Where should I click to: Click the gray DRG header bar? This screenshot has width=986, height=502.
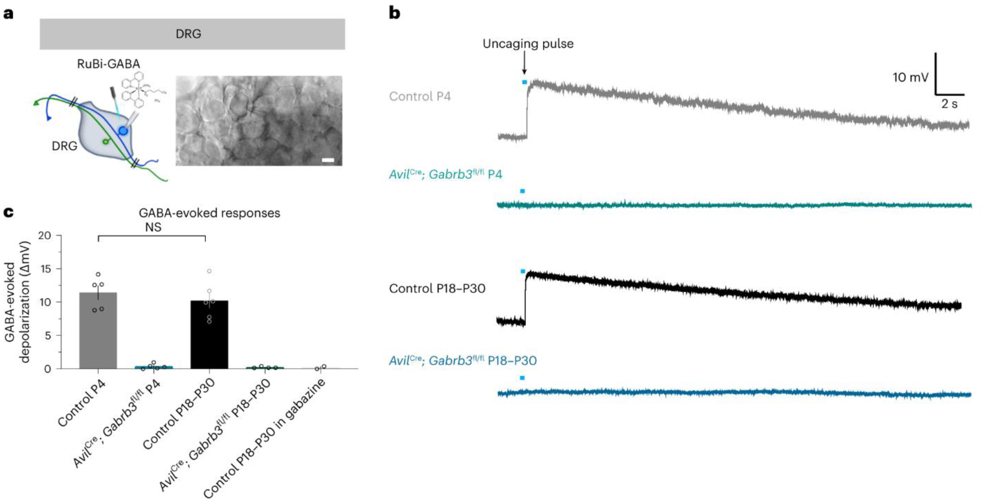point(192,34)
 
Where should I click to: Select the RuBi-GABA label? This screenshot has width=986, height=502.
point(108,64)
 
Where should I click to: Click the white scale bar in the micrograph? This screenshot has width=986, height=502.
point(328,160)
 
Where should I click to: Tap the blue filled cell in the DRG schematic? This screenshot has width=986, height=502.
point(123,131)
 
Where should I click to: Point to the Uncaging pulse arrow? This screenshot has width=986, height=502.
point(524,65)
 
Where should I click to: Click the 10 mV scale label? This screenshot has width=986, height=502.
point(910,77)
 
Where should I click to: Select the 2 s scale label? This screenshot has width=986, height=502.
point(949,104)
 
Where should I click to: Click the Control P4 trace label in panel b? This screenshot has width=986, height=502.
point(420,96)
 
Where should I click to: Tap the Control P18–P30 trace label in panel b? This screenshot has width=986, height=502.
point(437,289)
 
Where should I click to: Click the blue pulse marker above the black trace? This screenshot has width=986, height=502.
point(523,271)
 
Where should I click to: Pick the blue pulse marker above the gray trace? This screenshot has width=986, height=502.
point(524,82)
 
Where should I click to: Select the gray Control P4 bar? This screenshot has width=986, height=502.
point(98,331)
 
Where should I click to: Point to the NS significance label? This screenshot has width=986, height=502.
point(153,228)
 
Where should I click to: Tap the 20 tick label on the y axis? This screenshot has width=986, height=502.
point(45,236)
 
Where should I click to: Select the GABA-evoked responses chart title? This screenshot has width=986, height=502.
point(209,213)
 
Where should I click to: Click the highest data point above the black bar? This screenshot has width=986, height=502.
point(209,271)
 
